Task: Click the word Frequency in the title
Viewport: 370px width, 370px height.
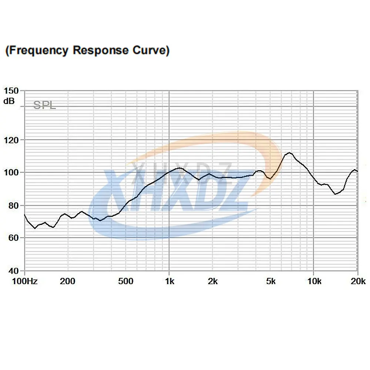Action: point(39,50)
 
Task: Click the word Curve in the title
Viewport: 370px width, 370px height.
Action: point(150,50)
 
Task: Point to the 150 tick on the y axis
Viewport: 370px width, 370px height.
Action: point(11,91)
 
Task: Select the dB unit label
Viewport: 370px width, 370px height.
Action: point(10,100)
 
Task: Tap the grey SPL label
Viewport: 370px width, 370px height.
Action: point(44,105)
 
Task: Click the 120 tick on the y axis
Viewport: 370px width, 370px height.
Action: point(11,140)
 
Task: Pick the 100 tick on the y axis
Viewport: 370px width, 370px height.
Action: point(11,172)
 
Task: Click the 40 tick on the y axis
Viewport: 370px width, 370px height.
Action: point(13,270)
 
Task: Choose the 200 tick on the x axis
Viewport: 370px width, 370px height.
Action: point(67,282)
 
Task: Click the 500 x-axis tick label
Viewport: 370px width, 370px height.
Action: point(125,282)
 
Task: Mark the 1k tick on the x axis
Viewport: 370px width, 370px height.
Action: point(169,282)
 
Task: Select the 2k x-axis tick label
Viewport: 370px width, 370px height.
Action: point(213,282)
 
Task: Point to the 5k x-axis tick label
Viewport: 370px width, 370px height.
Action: point(271,282)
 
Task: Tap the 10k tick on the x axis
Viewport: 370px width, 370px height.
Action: point(314,282)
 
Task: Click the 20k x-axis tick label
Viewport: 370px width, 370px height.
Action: point(358,282)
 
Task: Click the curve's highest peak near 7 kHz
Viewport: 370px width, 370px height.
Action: point(289,152)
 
